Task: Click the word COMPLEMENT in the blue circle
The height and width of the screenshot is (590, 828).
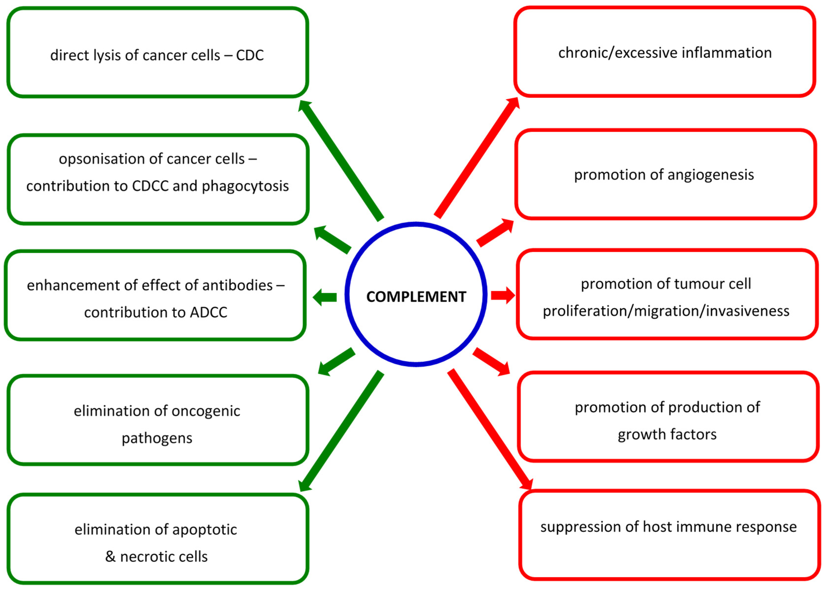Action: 416,297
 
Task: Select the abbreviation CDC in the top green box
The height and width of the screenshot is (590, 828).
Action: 250,56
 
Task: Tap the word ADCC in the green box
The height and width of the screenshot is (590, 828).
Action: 209,313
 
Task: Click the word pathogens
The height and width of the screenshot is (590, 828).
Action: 157,438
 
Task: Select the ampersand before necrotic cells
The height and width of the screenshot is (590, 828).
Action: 110,557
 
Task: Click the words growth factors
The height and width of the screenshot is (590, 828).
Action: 667,434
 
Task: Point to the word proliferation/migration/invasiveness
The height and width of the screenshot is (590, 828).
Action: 666,311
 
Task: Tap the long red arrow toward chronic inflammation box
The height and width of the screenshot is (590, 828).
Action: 477,158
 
